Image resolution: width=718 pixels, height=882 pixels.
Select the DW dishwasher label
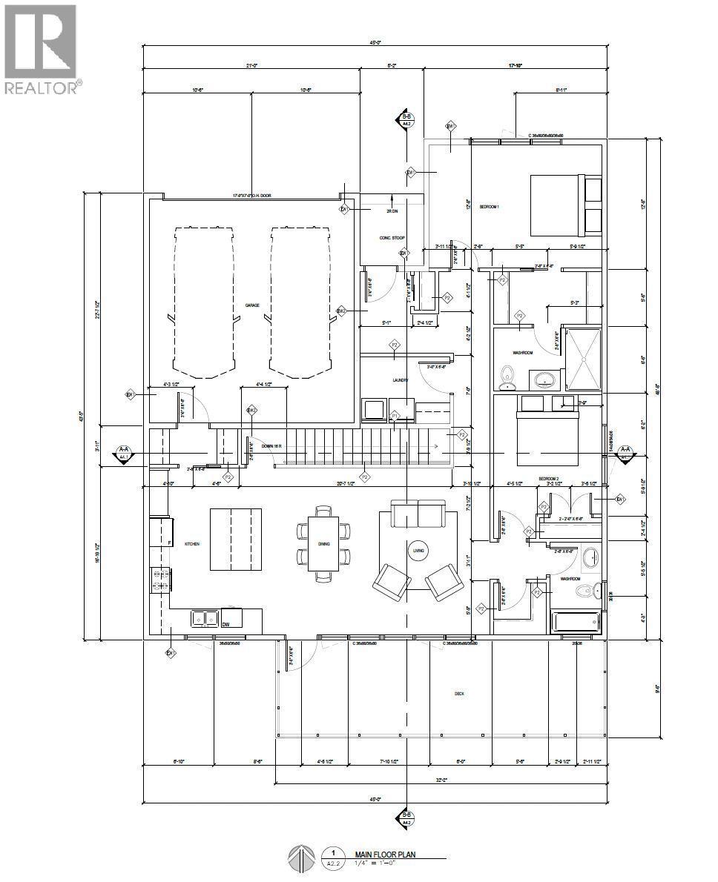225,624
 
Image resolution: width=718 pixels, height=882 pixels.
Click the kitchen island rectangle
235,539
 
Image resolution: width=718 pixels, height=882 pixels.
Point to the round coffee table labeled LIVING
418,550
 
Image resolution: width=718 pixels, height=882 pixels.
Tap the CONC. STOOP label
391,238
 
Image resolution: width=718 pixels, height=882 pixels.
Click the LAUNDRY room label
401,380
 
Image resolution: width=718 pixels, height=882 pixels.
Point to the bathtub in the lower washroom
576,621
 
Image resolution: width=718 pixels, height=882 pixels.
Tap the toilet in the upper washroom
508,377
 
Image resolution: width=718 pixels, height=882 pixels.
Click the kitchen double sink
203,617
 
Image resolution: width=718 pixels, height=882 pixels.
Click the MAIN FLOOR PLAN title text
384,854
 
